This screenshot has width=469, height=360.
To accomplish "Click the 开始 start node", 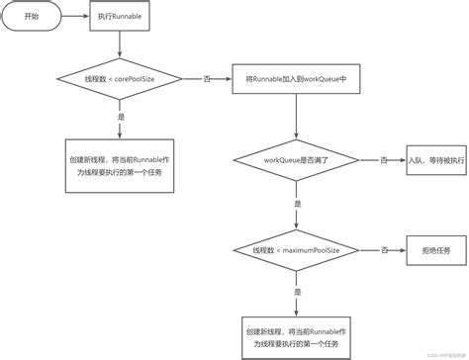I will (x=32, y=17).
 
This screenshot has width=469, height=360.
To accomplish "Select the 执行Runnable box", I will (x=119, y=17).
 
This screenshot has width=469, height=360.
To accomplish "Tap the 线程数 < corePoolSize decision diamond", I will (x=119, y=76).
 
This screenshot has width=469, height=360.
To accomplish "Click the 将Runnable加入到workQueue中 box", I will (x=298, y=76).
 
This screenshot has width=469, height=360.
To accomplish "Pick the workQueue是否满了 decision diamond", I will (x=298, y=160).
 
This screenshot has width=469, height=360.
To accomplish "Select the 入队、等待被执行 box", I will (x=432, y=160).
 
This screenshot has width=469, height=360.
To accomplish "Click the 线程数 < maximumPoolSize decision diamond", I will (x=298, y=251).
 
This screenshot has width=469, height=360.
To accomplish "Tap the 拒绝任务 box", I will (x=432, y=251).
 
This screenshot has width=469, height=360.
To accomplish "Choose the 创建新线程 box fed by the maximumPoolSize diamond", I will (x=298, y=337).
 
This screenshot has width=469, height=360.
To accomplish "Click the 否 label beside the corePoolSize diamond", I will (x=206, y=76).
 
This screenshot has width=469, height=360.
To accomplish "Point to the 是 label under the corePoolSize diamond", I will (x=120, y=116).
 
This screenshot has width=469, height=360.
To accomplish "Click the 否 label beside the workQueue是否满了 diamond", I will (x=384, y=160).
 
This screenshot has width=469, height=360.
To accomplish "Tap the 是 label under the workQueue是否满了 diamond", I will (x=298, y=203).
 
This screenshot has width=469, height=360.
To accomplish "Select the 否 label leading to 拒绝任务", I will (x=384, y=251).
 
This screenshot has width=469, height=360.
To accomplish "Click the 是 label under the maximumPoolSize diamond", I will (x=298, y=293).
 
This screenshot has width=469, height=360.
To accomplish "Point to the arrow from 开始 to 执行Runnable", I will (x=75, y=17).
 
